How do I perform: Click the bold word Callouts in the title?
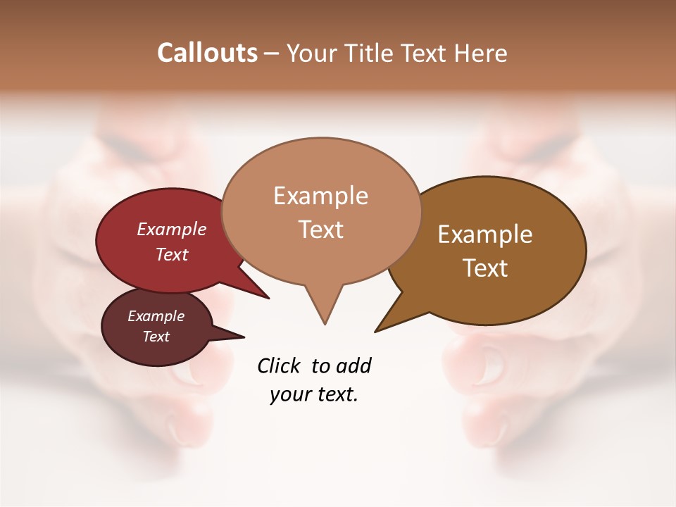207,54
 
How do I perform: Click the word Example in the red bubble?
172,230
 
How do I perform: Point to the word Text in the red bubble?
172,254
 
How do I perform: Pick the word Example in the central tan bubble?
320,196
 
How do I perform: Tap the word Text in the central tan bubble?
321,230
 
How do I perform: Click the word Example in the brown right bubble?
485,234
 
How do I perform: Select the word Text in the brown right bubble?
485,268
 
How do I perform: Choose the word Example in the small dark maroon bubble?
156,316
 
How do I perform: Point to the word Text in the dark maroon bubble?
156,337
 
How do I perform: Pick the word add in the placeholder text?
354,366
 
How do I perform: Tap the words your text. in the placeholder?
314,394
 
